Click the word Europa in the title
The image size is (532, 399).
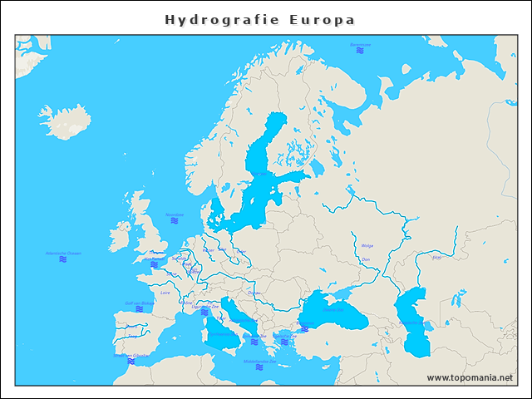322,19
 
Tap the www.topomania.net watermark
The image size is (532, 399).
470,377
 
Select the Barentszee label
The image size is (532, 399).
360,44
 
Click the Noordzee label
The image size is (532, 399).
175,214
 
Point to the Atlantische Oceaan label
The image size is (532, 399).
63,253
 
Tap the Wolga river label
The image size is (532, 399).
367,245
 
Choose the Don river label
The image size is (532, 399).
366,259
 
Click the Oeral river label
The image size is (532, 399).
437,258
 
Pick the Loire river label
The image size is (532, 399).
165,293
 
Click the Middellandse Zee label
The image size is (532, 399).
260,361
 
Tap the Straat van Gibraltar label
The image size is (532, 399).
131,356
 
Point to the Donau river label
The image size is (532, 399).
254,293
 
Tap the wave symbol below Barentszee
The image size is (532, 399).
360,52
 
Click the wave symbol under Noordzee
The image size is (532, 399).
175,222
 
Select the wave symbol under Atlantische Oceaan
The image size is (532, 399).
63,260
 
